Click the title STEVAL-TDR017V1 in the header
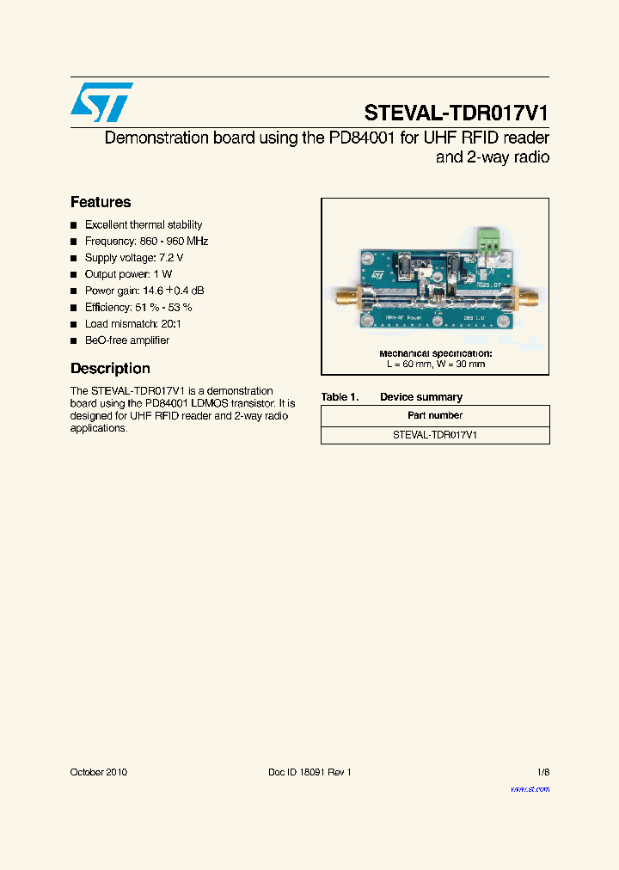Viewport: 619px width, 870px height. pyautogui.click(x=456, y=113)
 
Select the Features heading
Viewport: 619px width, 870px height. pyautogui.click(x=101, y=202)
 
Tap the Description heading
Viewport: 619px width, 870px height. pyautogui.click(x=110, y=369)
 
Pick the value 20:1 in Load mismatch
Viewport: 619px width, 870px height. pyautogui.click(x=169, y=324)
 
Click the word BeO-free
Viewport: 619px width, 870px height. pyautogui.click(x=105, y=340)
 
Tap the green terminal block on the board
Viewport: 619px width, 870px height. pyautogui.click(x=491, y=243)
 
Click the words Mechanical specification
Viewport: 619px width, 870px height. pyautogui.click(x=435, y=353)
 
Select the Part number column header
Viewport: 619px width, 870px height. pyautogui.click(x=435, y=415)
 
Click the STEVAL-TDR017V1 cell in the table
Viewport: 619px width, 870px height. pyautogui.click(x=435, y=435)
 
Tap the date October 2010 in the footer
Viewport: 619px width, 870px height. pyautogui.click(x=98, y=772)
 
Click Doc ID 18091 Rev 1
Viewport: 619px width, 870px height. pyautogui.click(x=309, y=772)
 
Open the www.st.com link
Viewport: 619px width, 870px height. pyautogui.click(x=530, y=789)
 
